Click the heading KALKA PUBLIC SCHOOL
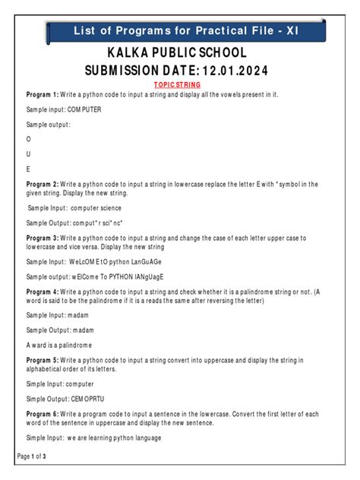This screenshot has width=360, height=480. point(176,53)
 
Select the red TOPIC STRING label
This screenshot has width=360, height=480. point(176,85)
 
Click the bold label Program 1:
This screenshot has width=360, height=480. point(42,94)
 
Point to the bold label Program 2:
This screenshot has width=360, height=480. point(42,185)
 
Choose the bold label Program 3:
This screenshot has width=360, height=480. point(42,238)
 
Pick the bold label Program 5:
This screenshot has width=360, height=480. point(42,359)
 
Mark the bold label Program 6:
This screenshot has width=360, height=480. point(42,414)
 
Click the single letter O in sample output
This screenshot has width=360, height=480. point(29,140)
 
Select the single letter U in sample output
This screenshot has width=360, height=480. point(29,154)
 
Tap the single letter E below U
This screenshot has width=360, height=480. point(29,169)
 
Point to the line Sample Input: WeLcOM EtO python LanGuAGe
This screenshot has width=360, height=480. point(95,262)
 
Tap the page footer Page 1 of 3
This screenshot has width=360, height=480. point(31,456)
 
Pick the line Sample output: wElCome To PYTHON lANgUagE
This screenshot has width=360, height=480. point(95,277)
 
